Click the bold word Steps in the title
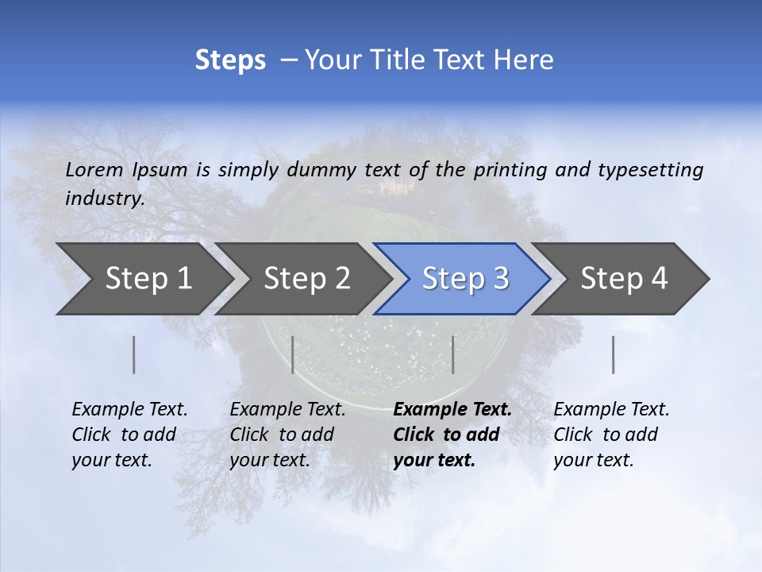click(230, 60)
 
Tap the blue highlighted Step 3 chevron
click(465, 278)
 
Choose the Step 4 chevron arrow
click(624, 278)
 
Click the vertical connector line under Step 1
click(133, 354)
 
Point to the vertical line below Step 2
click(293, 354)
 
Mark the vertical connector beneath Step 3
click(452, 354)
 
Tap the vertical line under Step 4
click(613, 354)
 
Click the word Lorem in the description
click(94, 169)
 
